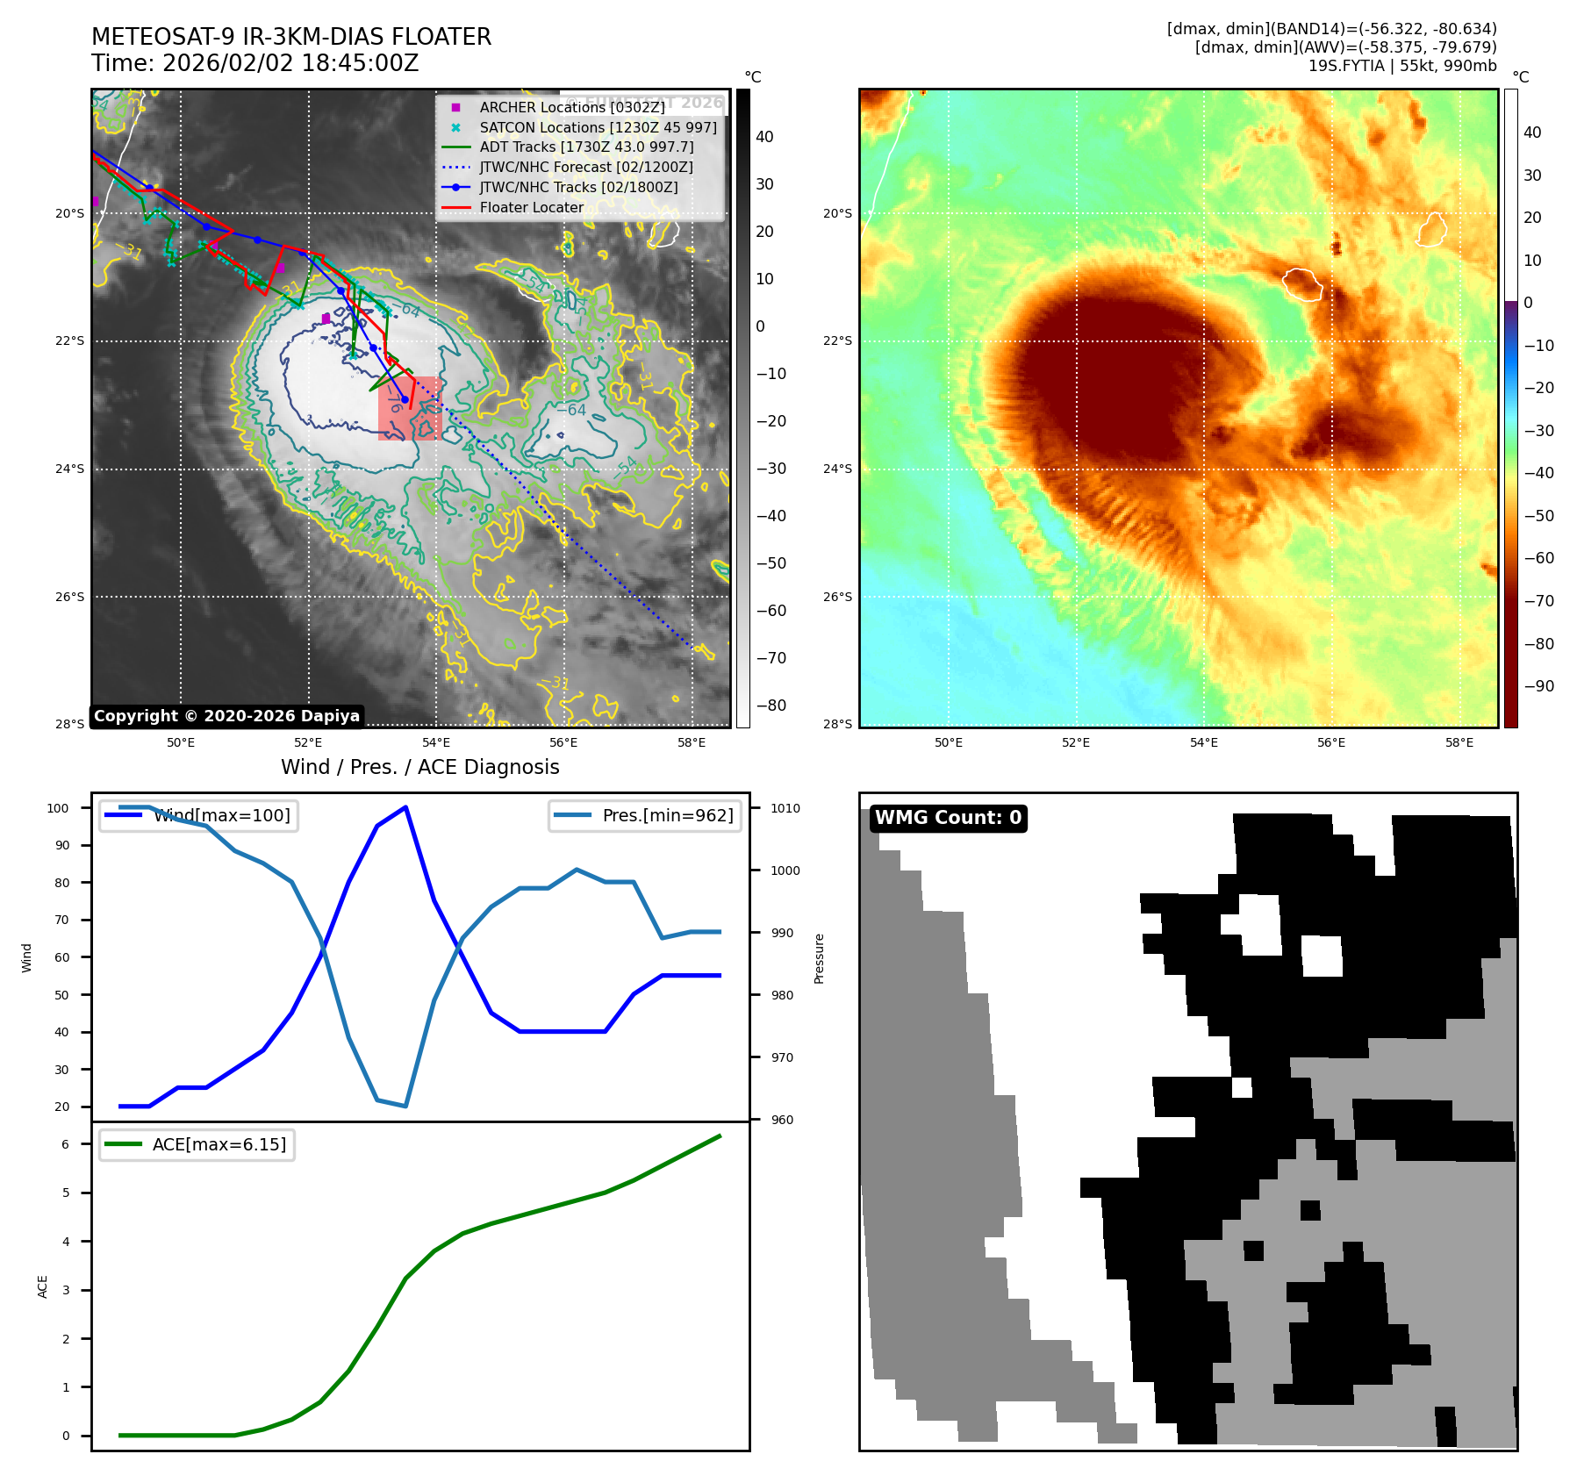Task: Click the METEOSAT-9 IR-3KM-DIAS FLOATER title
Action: pos(291,37)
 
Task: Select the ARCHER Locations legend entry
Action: pos(571,107)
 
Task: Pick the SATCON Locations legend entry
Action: pos(597,127)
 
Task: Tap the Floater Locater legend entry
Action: pos(531,207)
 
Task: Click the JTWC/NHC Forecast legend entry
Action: pos(585,167)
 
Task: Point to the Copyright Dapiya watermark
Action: pos(226,716)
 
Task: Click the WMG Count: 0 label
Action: pos(948,818)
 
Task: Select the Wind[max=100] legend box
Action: pos(198,815)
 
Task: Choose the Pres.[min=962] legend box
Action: pos(645,815)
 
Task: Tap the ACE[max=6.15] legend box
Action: pos(197,1144)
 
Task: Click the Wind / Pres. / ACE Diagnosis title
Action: pos(419,767)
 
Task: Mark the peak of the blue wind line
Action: pos(405,807)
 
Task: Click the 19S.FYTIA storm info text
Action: pos(1401,66)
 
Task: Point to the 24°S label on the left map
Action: pos(70,469)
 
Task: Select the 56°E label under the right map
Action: pos(1331,742)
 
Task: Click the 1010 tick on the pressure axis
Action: pos(785,808)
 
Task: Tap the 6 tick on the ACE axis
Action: pos(65,1144)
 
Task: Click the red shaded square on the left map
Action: pos(410,408)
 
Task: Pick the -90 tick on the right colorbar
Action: pos(1538,686)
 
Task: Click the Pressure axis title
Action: pos(819,958)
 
